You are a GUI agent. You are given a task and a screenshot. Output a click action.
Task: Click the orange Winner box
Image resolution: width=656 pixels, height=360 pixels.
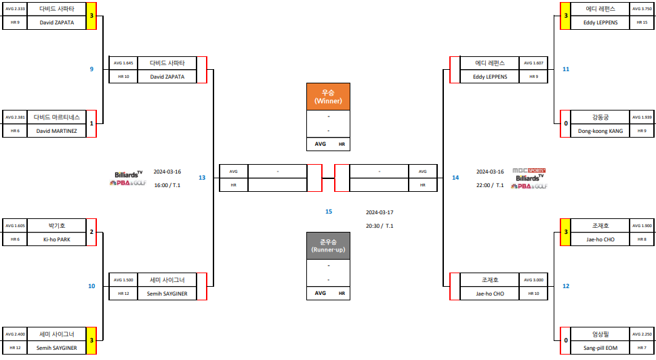(x=328, y=96)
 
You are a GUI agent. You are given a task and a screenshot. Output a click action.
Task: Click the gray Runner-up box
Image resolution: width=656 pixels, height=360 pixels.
(x=328, y=246)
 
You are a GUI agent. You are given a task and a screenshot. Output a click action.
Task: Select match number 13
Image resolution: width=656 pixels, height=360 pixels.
(x=202, y=178)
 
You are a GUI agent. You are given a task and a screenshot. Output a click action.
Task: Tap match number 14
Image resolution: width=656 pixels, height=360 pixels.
(x=455, y=178)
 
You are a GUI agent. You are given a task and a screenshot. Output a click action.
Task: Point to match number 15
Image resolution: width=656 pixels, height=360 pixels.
(x=329, y=212)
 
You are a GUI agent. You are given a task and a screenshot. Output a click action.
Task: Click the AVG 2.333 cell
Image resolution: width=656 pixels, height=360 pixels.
(x=15, y=8)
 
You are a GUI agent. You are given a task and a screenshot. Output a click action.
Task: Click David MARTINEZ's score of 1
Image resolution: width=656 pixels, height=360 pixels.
(x=91, y=123)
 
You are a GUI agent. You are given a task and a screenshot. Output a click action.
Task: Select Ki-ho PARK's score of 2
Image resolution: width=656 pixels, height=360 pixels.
(x=91, y=232)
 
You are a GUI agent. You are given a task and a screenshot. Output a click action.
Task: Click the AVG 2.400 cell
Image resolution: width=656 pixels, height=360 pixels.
(x=15, y=334)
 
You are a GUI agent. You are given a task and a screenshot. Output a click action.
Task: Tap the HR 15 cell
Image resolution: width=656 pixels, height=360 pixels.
(x=641, y=22)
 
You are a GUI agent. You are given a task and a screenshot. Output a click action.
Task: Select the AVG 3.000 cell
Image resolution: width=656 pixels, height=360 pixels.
(x=533, y=279)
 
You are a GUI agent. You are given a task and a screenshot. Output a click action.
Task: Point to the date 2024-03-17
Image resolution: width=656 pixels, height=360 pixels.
(x=380, y=212)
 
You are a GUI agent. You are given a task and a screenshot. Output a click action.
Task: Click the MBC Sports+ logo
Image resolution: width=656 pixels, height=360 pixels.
(x=529, y=170)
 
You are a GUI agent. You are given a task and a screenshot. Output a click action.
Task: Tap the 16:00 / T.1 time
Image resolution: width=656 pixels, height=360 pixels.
(x=167, y=184)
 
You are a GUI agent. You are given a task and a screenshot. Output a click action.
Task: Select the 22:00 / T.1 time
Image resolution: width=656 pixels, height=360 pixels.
(x=489, y=184)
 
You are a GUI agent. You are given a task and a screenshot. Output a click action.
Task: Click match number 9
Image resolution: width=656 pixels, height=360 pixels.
(x=91, y=69)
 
